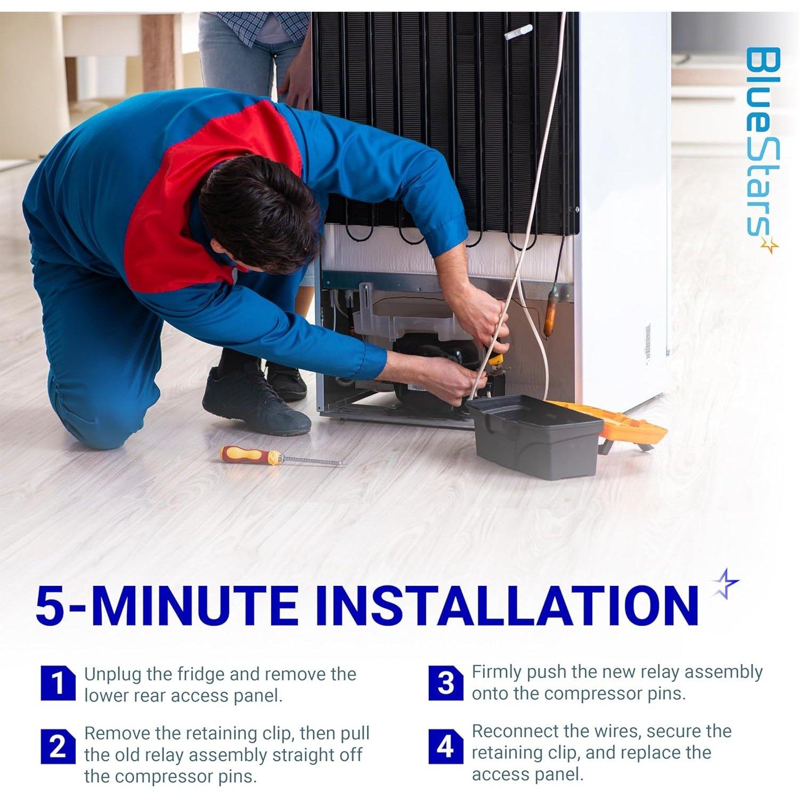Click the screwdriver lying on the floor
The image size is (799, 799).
click(282, 458)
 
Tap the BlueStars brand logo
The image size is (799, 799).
click(761, 149)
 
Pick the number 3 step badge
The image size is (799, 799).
click(445, 683)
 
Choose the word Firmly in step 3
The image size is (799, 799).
click(496, 673)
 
